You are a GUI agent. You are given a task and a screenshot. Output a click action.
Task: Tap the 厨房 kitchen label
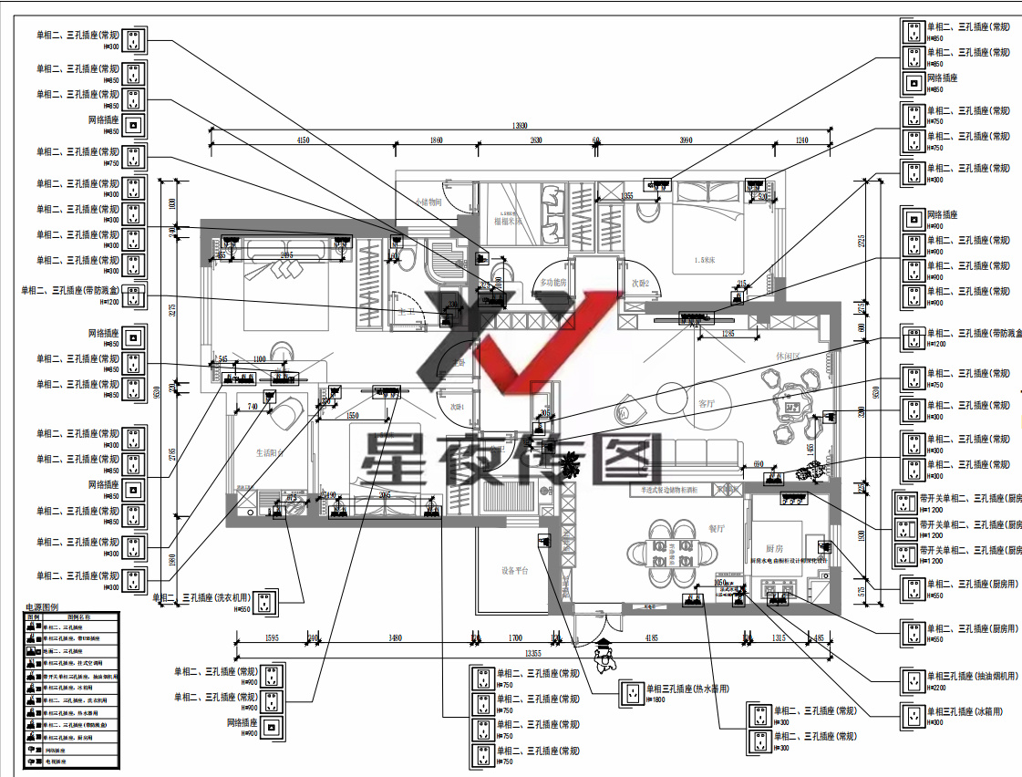[x=774, y=549]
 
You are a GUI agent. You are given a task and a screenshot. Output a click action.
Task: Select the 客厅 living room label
[x=707, y=403]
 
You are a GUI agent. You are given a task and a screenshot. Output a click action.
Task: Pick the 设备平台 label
[x=514, y=571]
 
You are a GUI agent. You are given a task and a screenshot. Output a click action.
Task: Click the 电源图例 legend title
[x=41, y=606]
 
